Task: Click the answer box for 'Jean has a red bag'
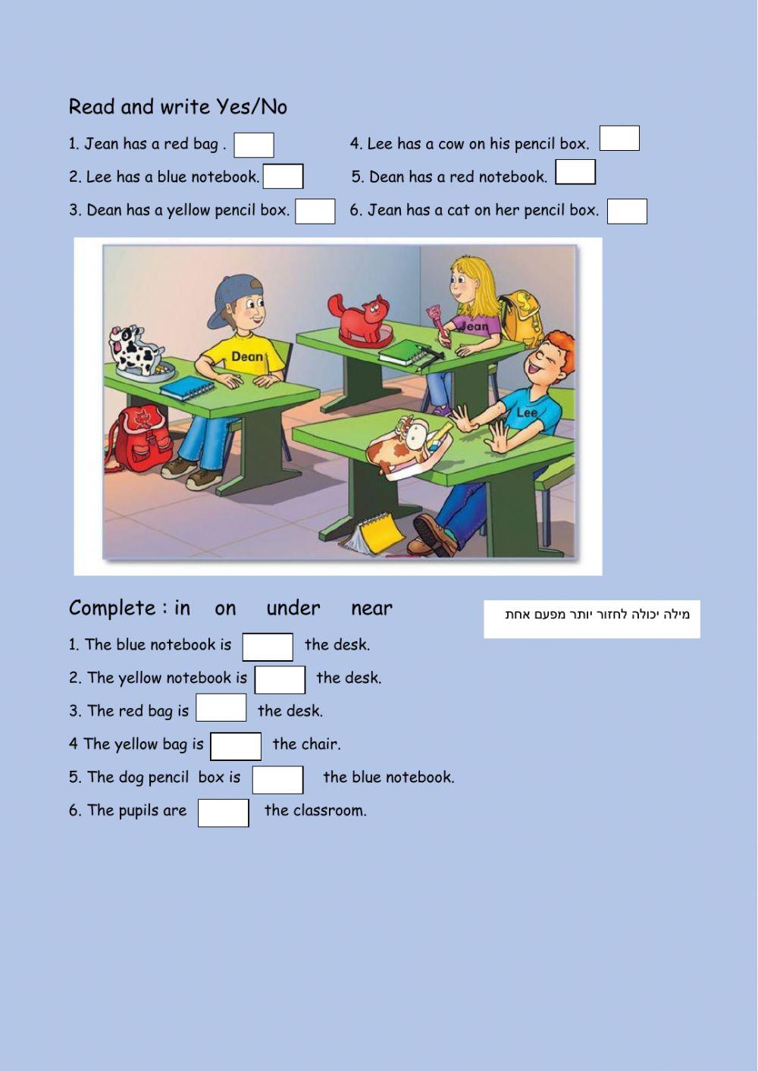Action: [x=253, y=145]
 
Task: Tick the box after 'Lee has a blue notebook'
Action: [x=283, y=177]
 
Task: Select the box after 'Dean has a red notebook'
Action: [x=575, y=173]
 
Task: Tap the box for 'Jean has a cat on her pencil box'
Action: [x=627, y=211]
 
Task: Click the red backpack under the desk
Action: [x=140, y=437]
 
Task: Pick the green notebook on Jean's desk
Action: [x=406, y=352]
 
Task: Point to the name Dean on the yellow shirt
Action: [x=247, y=356]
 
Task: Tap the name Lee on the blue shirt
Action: [x=527, y=413]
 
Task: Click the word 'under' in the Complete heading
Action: [x=293, y=609]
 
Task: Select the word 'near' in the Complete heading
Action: [x=371, y=609]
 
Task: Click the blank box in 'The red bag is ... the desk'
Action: [x=221, y=709]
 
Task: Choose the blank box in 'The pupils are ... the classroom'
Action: [x=224, y=813]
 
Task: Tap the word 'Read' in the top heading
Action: [x=91, y=107]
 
